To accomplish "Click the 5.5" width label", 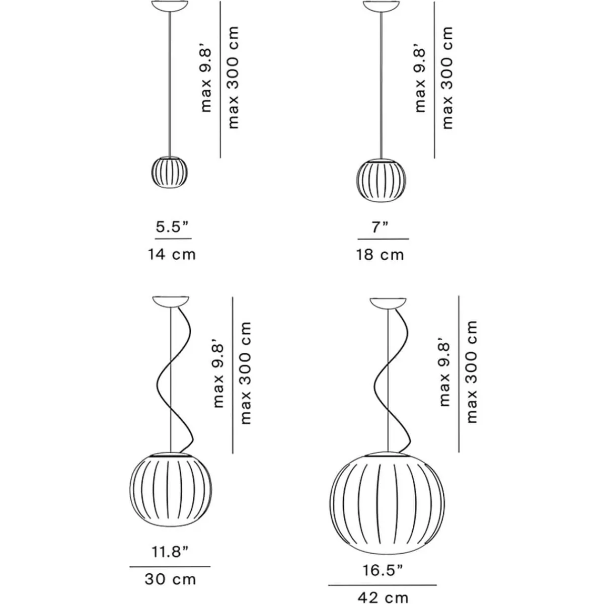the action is [x=172, y=227].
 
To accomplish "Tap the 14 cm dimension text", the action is [x=172, y=254].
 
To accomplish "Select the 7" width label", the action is [x=380, y=227].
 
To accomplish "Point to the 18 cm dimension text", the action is [x=380, y=255].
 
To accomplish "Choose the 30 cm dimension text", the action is [x=170, y=579].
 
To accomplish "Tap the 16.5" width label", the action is [x=383, y=570].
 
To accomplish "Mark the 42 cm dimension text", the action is [x=383, y=597].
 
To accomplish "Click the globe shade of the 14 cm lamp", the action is [x=170, y=172].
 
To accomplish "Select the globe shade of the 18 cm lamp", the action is [x=381, y=181].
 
